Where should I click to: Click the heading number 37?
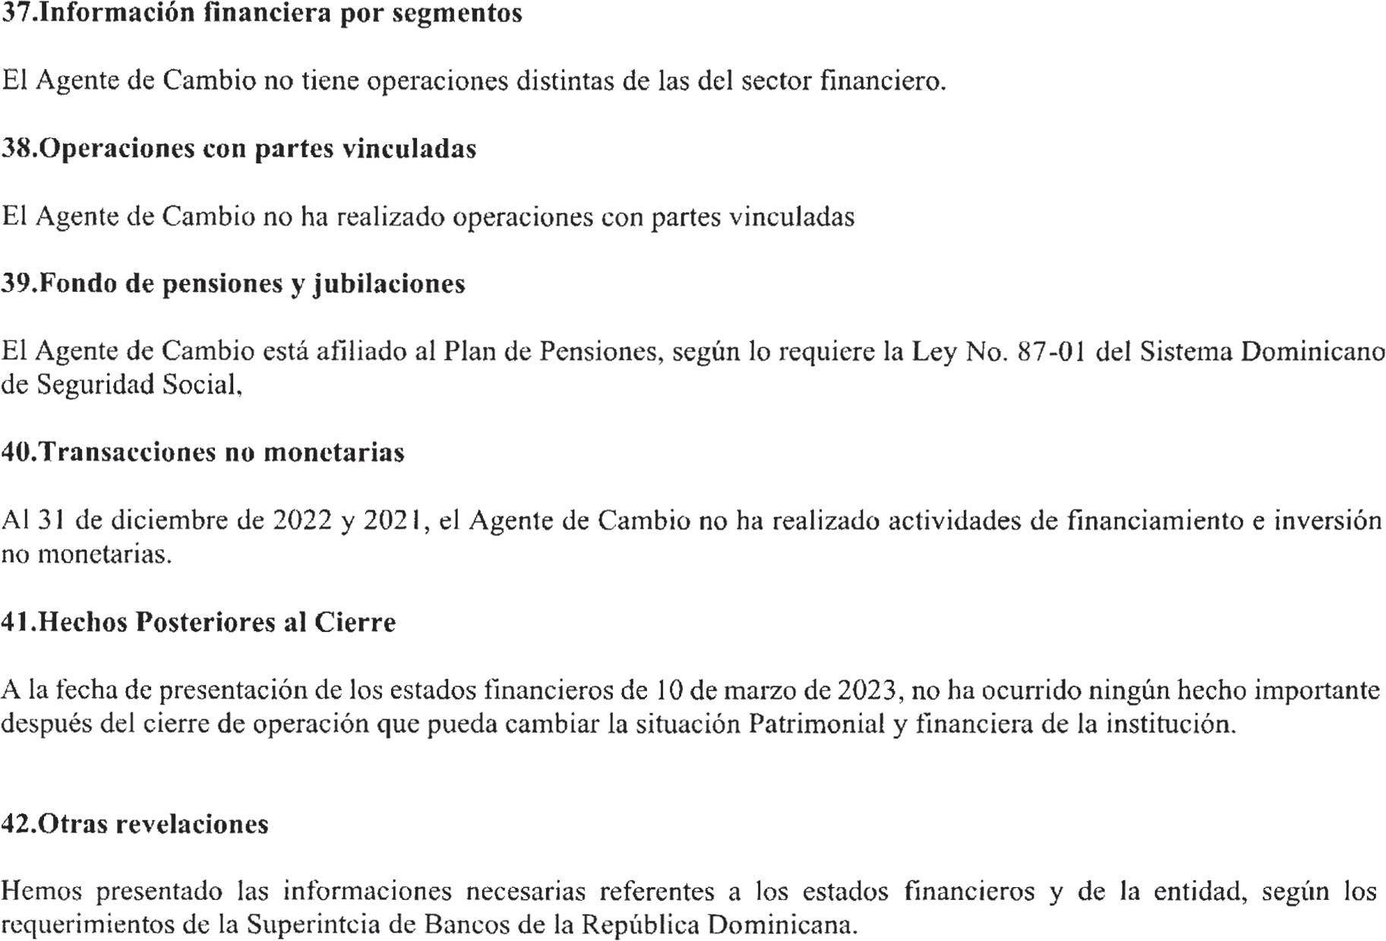coord(17,13)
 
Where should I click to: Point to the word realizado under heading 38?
coord(390,217)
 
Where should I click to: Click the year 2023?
coord(868,690)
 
